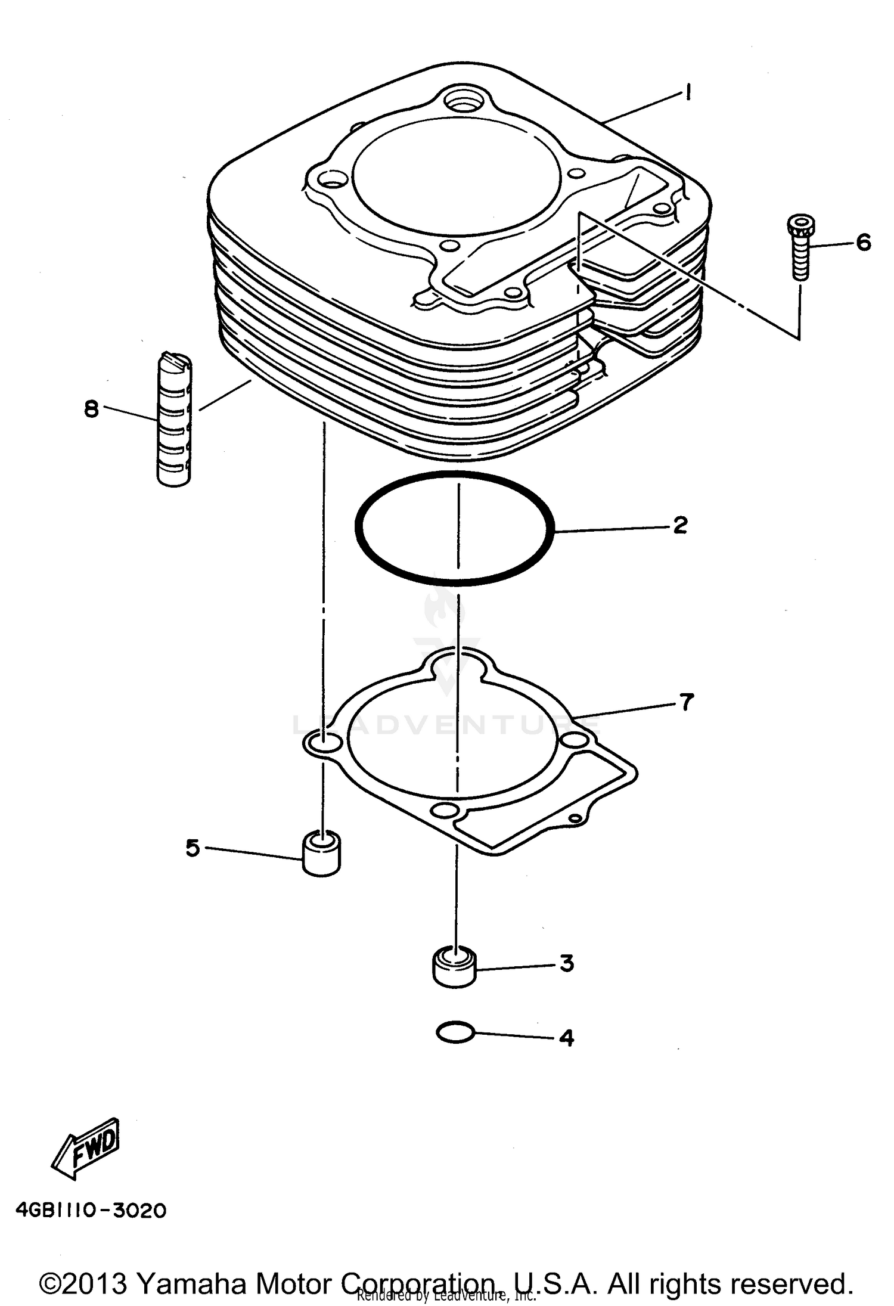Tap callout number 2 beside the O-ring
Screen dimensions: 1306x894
(680, 525)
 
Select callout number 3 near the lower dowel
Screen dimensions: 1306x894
(566, 963)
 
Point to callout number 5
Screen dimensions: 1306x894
(192, 847)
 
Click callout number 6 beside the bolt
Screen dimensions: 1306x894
(863, 243)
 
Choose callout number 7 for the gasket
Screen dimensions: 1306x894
(687, 702)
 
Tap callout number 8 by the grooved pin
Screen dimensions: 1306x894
(91, 409)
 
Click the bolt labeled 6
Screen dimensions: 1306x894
(800, 249)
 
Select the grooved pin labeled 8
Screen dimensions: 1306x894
(174, 420)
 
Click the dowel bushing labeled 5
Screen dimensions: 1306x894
(321, 855)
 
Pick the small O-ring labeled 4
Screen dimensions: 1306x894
(455, 1032)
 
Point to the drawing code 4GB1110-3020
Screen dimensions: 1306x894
(91, 1211)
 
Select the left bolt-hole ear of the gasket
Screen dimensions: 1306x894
(322, 743)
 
